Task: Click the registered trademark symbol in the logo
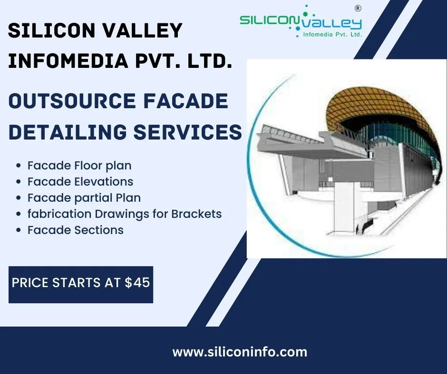click(358, 9)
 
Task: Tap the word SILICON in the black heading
click(52, 30)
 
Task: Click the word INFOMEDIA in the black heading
click(68, 60)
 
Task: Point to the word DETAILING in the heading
click(68, 132)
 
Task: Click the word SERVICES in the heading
click(187, 132)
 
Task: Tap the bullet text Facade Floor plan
click(79, 166)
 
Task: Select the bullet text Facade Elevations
click(80, 182)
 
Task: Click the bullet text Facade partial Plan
click(84, 198)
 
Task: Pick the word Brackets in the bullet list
click(196, 214)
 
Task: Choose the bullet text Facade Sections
click(76, 230)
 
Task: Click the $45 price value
click(137, 282)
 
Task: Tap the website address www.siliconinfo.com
click(240, 352)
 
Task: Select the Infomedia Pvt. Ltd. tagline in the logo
click(332, 35)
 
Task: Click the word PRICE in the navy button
click(30, 282)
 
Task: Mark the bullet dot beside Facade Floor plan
click(19, 166)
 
